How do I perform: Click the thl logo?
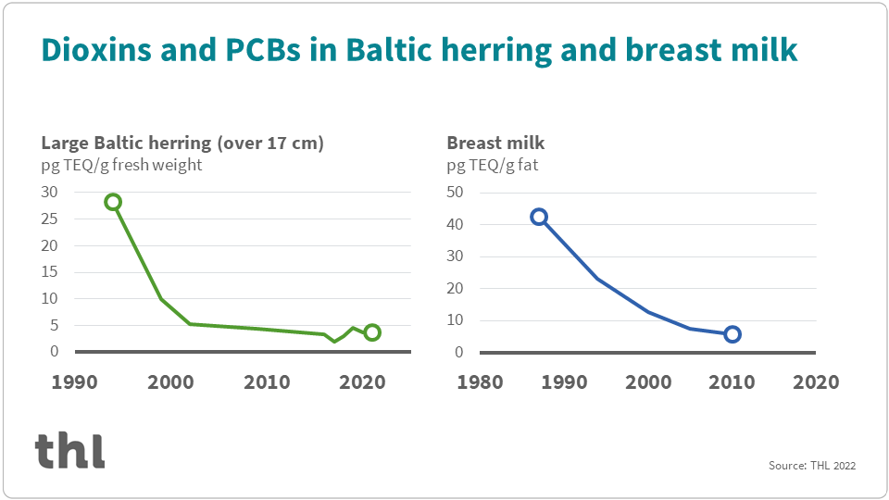click(x=69, y=451)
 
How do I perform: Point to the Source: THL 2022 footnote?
click(x=812, y=466)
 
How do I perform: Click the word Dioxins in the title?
click(x=96, y=49)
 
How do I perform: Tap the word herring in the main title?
click(x=496, y=50)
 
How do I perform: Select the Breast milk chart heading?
click(x=495, y=143)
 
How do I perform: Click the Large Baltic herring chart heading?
click(x=182, y=143)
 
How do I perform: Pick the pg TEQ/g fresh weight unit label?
click(x=121, y=165)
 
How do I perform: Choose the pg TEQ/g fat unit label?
click(x=492, y=166)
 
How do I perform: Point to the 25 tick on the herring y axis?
click(x=49, y=219)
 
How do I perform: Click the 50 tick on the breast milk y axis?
click(x=455, y=193)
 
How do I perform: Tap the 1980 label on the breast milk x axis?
click(x=480, y=382)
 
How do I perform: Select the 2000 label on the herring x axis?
click(x=170, y=382)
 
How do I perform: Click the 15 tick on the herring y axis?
click(x=49, y=272)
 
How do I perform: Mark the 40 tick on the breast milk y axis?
click(x=455, y=224)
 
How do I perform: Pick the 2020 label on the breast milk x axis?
click(x=816, y=382)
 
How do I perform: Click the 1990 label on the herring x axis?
click(x=74, y=382)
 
